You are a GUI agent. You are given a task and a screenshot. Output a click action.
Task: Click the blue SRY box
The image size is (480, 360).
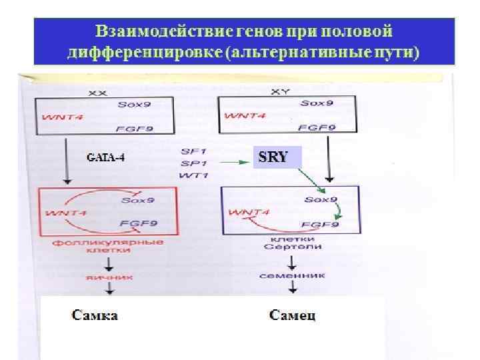point(277,157)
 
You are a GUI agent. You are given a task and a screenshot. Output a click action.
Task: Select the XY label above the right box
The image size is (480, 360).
point(282,91)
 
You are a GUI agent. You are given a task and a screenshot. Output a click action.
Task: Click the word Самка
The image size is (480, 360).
point(95,315)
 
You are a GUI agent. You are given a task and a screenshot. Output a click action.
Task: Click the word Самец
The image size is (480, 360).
point(292,315)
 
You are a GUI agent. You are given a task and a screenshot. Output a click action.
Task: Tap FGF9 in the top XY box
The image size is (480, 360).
point(317,127)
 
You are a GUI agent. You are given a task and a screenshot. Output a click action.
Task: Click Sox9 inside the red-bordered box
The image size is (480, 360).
point(137,199)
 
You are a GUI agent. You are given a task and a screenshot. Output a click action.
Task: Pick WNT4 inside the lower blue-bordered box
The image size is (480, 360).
point(249,213)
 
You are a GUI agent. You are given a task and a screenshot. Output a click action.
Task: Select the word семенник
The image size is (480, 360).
point(293,274)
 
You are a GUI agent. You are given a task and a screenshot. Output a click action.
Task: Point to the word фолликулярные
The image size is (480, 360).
point(108,242)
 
